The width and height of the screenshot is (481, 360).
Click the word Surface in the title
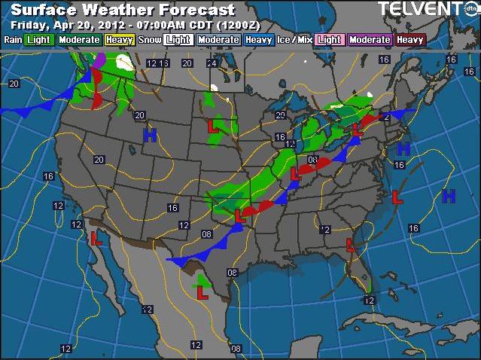point(44,11)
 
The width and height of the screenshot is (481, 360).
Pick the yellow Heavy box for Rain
point(119,39)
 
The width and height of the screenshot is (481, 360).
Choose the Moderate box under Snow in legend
point(218,39)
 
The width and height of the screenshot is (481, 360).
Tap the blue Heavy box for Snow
point(258,39)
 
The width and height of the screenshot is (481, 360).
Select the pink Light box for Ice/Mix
point(329,39)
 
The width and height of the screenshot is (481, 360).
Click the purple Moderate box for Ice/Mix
point(370,39)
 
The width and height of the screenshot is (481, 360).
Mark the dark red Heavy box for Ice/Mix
point(410,39)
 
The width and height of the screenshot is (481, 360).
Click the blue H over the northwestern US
point(150,135)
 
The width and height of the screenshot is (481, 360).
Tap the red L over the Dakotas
point(213,127)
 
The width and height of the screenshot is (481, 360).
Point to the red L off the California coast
point(96,239)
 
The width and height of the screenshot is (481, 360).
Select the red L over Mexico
point(202,292)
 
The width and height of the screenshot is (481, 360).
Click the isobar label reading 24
point(212,63)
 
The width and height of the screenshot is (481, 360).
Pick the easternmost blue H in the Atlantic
point(449,197)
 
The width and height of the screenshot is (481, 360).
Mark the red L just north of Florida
point(350,244)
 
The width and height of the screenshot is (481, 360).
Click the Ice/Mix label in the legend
point(296,39)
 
